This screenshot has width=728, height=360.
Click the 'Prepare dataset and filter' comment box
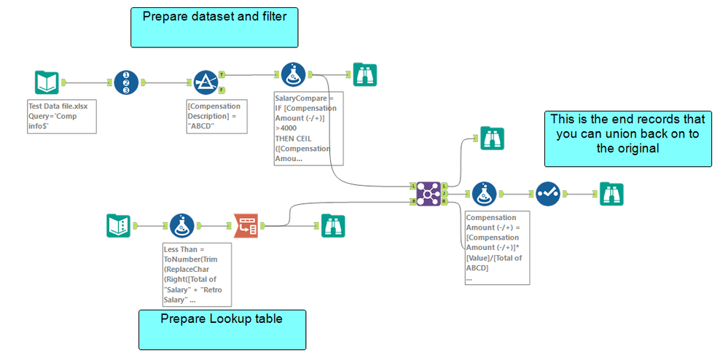point(214,28)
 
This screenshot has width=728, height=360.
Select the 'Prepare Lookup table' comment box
point(222,329)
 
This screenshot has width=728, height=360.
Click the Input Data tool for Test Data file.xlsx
point(47,82)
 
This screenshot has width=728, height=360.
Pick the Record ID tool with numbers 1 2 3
point(126,82)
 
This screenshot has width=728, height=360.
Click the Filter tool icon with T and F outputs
point(206,82)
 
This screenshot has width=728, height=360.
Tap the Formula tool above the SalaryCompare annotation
point(293,74)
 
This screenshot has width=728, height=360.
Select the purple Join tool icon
point(428,194)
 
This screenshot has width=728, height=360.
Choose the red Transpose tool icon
point(246,226)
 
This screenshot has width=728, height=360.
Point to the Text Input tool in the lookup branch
point(118,226)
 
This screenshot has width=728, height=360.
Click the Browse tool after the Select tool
point(611,194)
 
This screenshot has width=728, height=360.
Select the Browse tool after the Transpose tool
point(333,226)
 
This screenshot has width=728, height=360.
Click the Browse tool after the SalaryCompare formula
point(364,74)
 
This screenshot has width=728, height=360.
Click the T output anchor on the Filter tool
point(222,74)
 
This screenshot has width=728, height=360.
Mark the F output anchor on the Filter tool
point(222,90)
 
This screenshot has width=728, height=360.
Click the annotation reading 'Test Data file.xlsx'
point(61,117)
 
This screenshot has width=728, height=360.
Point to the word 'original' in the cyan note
point(627,148)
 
